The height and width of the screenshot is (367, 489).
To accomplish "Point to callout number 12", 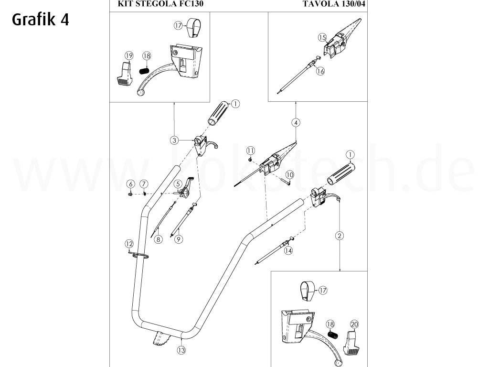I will click(x=128, y=244).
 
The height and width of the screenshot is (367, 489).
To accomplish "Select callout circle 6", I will click(x=129, y=184).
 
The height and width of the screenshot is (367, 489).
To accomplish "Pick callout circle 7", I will click(x=143, y=184).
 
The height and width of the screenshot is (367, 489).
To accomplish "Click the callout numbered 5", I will click(x=177, y=183).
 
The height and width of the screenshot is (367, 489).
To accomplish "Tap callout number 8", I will click(x=158, y=239).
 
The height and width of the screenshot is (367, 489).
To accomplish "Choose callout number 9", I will click(x=178, y=239).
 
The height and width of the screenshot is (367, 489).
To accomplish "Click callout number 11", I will click(x=250, y=151).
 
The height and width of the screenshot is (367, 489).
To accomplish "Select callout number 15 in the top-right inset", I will click(x=322, y=37).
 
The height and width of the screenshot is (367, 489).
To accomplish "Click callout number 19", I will click(x=128, y=56).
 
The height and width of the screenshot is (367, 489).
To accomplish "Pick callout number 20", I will click(x=354, y=324).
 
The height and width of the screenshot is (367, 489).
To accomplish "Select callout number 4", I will click(x=296, y=123).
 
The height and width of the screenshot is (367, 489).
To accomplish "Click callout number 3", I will click(x=174, y=140).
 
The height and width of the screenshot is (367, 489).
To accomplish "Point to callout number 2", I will click(x=340, y=235).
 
